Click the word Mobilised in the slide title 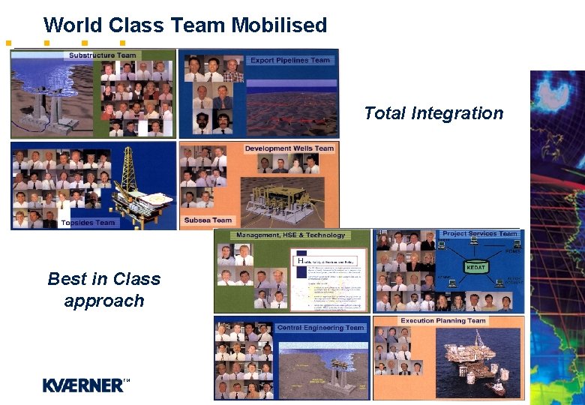point(279,25)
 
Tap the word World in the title point(73,25)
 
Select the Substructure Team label point(103,55)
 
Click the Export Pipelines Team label point(289,61)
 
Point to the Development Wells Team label point(289,148)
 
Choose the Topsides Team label point(88,222)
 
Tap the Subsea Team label point(208,220)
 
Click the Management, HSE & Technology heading point(291,235)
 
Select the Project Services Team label point(479,234)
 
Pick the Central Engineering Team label point(320,328)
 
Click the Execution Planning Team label point(442,321)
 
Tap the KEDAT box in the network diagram point(475,266)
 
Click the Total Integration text point(433,113)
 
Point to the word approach point(103,301)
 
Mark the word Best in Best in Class point(64,279)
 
